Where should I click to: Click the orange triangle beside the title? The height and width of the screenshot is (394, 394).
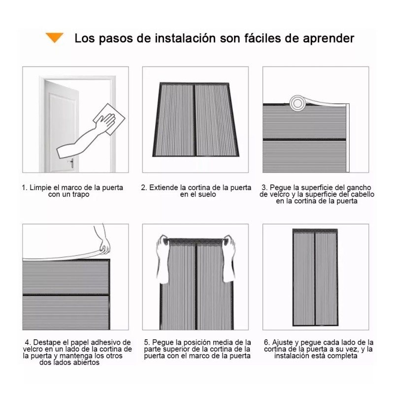(x=55, y=37)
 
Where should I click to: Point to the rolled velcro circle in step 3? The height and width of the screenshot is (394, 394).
(x=297, y=102)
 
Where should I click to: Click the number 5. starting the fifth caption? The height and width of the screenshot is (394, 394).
(x=147, y=342)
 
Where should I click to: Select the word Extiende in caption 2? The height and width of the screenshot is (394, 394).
(x=164, y=188)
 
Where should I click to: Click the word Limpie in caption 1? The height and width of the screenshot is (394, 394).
(x=40, y=188)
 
